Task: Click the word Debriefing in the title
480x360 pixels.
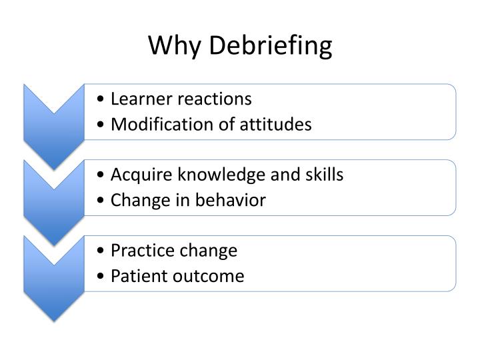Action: [271, 47]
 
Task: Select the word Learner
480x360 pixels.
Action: [138, 99]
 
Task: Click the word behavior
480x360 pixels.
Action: [232, 200]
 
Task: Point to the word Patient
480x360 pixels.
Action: [136, 276]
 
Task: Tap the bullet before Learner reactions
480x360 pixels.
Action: [100, 100]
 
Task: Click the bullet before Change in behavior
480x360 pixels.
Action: [100, 201]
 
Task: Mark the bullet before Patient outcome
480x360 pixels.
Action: [100, 277]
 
